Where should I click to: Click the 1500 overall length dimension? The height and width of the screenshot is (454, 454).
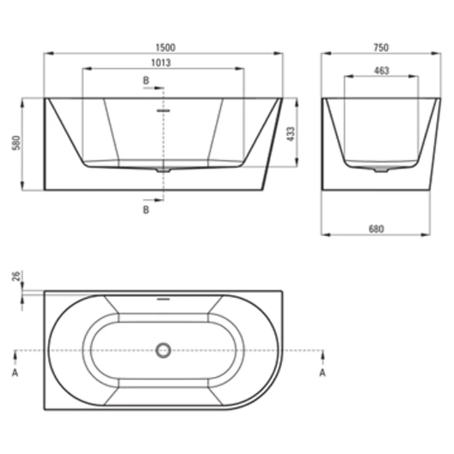pos(165,47)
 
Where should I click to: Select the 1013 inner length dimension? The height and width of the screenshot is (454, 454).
pos(161,63)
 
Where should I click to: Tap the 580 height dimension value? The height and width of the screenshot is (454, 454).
pos(17,143)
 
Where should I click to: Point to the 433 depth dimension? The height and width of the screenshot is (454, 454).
pos(290,134)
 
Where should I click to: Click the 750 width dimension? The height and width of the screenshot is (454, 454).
pos(381,47)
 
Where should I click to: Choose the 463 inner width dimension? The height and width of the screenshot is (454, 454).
pos(382,71)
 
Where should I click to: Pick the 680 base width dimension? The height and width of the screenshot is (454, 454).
pos(376,229)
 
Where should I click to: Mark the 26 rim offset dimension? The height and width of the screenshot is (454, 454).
pos(16,276)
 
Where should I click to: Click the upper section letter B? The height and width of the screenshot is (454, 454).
pos(146,80)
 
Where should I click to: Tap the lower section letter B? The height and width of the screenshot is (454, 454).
pos(146,210)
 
